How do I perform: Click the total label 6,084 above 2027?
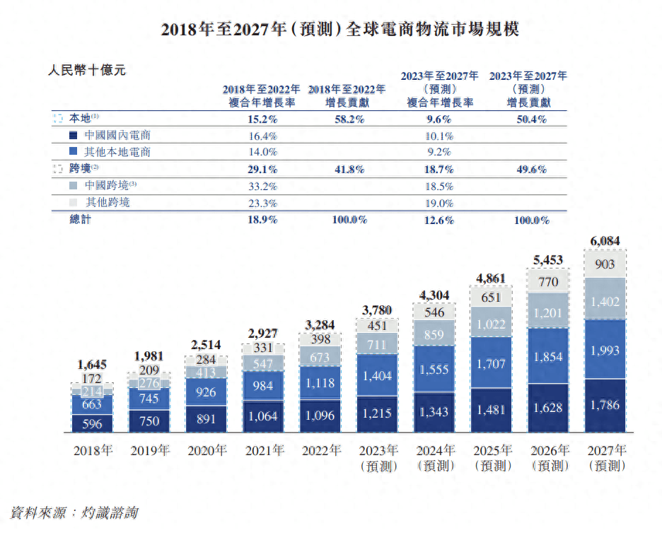coord(604,241)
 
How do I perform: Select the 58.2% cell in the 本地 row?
coord(348,119)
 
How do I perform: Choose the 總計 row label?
coord(80,220)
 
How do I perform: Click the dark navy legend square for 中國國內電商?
coord(73,136)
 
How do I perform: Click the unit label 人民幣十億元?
coord(86,71)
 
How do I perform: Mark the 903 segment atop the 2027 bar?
coord(604,264)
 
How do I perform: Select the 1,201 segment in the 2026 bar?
coord(547,312)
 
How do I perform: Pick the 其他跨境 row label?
coord(107,203)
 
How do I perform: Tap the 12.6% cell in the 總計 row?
coord(440,220)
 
